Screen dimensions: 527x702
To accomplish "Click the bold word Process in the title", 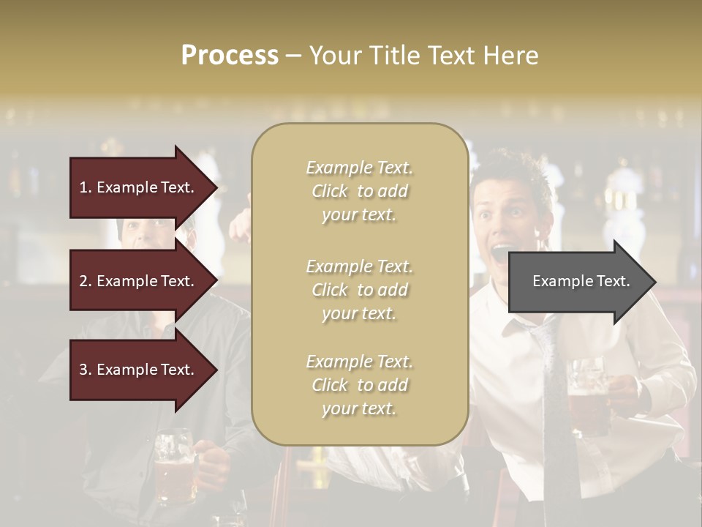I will (230, 56).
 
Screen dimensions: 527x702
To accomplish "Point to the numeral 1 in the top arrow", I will (83, 187).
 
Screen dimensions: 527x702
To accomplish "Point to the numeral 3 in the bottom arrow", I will (83, 370).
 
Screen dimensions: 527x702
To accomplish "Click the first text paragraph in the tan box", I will (359, 191).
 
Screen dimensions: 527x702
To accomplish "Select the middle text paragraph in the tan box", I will (359, 290).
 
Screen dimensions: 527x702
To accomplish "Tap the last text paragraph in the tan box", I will (359, 385).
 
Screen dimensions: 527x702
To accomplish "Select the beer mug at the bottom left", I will (174, 468).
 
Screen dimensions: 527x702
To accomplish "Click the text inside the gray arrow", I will (581, 281).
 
